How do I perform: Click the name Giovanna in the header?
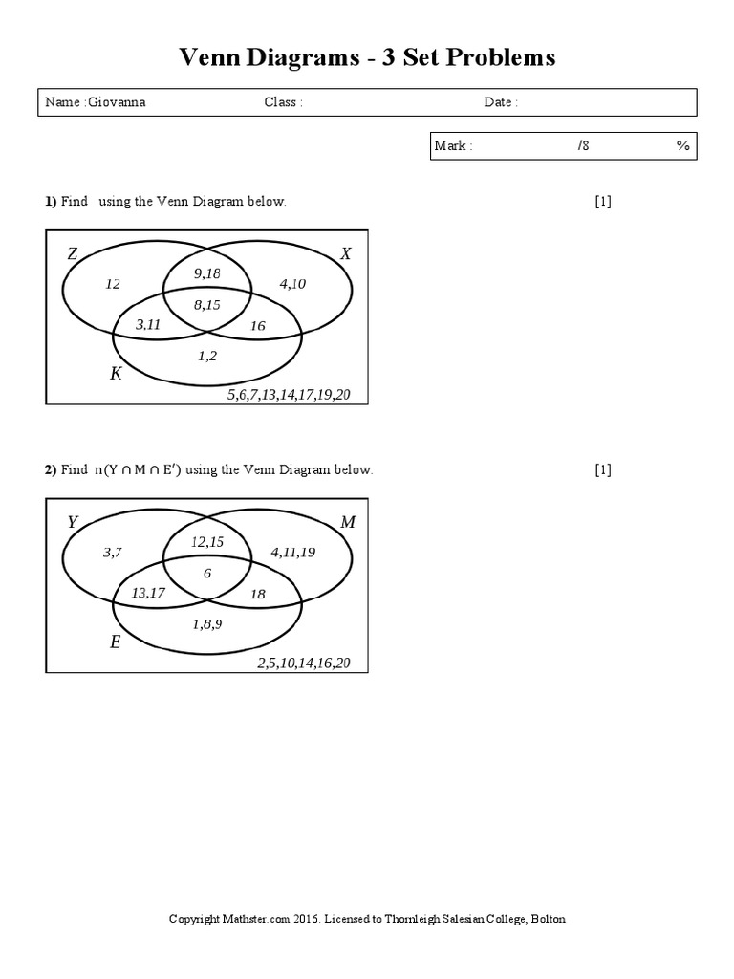tap(117, 102)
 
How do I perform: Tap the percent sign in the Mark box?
tap(682, 145)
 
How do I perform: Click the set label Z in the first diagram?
tap(73, 254)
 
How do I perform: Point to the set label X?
tap(346, 253)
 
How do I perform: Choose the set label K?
tap(116, 373)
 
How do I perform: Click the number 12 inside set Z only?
tap(114, 284)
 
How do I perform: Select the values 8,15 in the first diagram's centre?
tap(207, 305)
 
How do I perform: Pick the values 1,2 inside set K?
tap(207, 355)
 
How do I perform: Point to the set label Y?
tap(73, 522)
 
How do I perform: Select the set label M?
tap(347, 522)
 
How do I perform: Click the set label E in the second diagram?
tap(115, 642)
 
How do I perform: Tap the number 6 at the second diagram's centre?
tap(207, 573)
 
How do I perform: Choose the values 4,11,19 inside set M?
tap(292, 552)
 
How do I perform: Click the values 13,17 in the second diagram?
tap(148, 593)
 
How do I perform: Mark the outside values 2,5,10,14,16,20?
tap(303, 663)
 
